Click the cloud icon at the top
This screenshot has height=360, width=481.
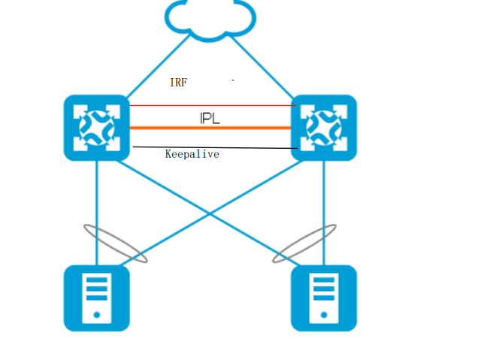click(209, 18)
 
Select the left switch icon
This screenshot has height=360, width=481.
click(97, 127)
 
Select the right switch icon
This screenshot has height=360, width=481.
click(324, 127)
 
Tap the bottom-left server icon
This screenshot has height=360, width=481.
click(97, 298)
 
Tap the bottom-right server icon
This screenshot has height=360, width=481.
click(324, 298)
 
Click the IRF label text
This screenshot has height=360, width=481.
click(178, 83)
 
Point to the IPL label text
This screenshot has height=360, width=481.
click(210, 119)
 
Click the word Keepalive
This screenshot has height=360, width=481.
click(192, 154)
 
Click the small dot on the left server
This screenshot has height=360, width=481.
click(97, 316)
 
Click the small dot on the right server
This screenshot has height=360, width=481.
click(324, 316)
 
